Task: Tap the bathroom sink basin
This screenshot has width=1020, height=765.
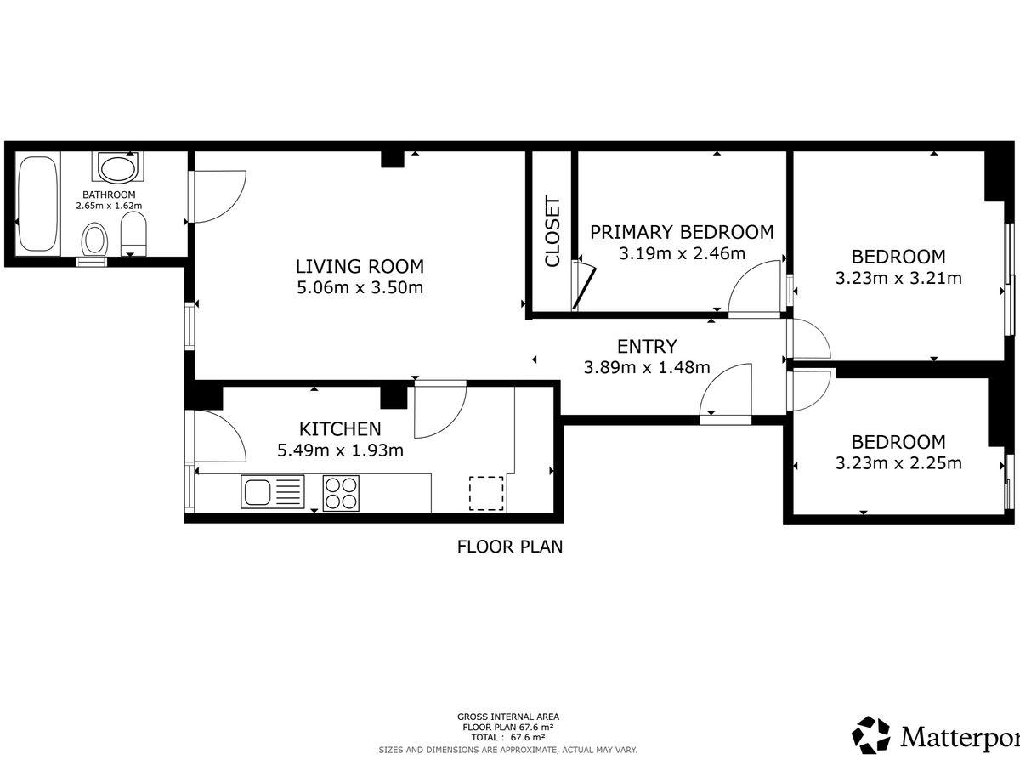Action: [118, 169]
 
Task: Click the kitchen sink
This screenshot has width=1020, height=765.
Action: [273, 492]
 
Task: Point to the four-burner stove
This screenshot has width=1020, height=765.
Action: [341, 493]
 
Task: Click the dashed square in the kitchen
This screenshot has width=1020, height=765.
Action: [486, 493]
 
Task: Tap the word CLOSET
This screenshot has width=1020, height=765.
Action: [552, 232]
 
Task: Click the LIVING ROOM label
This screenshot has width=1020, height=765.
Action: [360, 266]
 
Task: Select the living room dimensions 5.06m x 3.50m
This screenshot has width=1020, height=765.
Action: [360, 287]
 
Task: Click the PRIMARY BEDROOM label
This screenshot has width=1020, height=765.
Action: [683, 232]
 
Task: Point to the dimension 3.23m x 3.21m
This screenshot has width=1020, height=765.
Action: [898, 278]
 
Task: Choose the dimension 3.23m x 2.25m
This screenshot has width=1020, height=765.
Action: [898, 463]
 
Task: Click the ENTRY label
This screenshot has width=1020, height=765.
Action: [647, 347]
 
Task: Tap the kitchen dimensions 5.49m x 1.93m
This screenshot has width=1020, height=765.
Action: [341, 450]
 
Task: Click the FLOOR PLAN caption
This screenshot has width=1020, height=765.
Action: [510, 547]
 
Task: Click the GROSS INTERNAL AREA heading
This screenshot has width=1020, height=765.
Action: [508, 717]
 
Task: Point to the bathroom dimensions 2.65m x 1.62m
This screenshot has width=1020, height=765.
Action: [109, 206]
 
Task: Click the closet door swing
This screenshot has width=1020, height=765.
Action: [584, 286]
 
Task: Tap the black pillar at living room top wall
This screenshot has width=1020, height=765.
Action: [393, 159]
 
